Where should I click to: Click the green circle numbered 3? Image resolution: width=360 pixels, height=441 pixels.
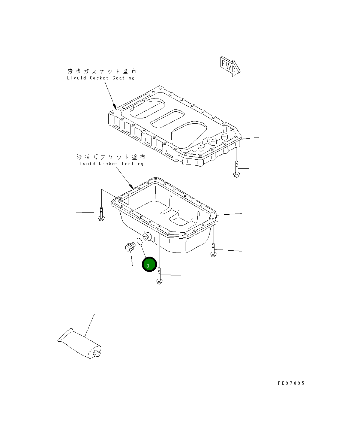(149, 265)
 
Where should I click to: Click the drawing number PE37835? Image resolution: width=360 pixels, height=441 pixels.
(291, 383)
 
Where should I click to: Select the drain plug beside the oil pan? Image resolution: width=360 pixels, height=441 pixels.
(130, 247)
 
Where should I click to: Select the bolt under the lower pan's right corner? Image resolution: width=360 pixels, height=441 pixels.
(213, 250)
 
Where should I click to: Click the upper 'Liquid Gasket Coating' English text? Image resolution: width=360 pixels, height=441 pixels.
(100, 78)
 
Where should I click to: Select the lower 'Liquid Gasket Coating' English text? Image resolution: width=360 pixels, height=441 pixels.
(110, 164)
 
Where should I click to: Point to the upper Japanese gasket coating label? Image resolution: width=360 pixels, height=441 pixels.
(102, 71)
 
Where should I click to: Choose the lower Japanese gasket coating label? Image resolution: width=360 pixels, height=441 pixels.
(111, 157)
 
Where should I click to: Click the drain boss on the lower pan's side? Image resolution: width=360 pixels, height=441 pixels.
(147, 237)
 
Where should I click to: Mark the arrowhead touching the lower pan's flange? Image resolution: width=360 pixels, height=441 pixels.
(132, 186)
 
